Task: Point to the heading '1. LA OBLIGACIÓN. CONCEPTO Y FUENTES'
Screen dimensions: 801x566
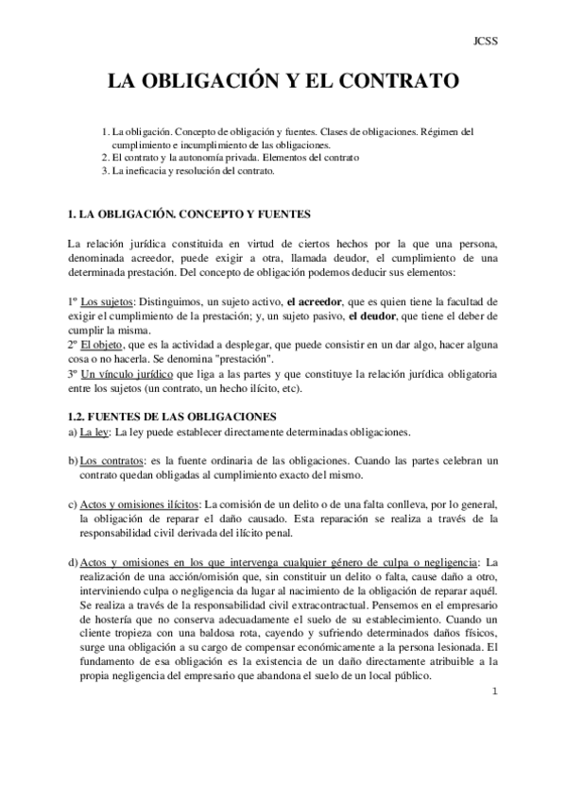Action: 189,214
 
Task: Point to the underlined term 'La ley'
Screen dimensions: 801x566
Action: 95,433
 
